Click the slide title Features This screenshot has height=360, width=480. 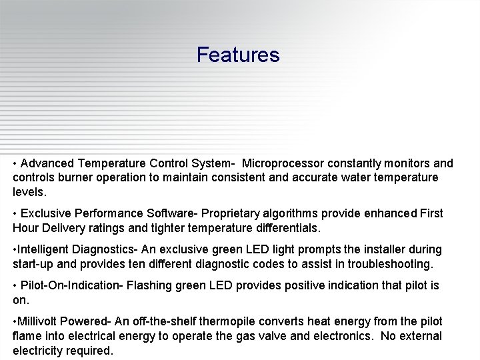[x=238, y=55]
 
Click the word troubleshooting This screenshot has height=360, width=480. [x=387, y=264]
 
